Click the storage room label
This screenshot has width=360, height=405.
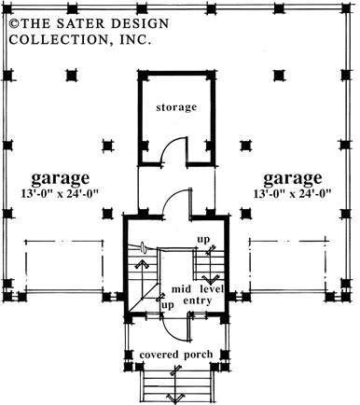pos(177,107)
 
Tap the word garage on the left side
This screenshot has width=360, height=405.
pos(60,177)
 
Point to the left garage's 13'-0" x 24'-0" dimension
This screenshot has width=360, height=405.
pos(60,193)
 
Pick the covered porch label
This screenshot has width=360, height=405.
pos(178,356)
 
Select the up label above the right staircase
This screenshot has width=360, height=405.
pos(203,240)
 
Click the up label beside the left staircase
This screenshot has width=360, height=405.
pos(167,305)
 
